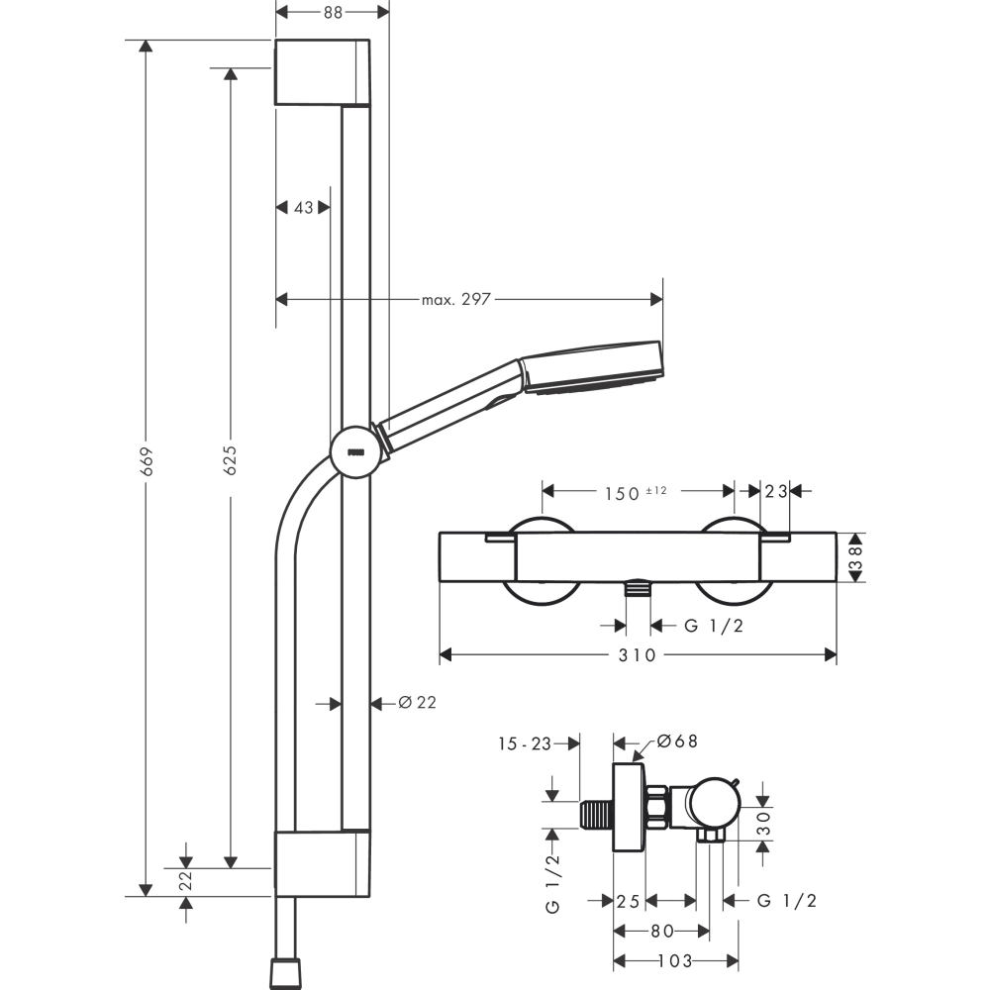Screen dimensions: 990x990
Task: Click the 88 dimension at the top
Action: pos(333,13)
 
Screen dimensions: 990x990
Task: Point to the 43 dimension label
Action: pos(303,207)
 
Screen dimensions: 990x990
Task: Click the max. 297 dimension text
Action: pos(455,299)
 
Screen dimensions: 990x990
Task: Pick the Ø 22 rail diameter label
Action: pos(416,702)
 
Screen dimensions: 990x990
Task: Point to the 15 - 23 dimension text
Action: pos(525,742)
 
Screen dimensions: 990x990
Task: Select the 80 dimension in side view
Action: pos(661,931)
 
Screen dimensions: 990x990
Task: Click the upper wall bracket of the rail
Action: pos(322,71)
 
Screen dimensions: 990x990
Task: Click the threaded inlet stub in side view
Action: pos(596,813)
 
